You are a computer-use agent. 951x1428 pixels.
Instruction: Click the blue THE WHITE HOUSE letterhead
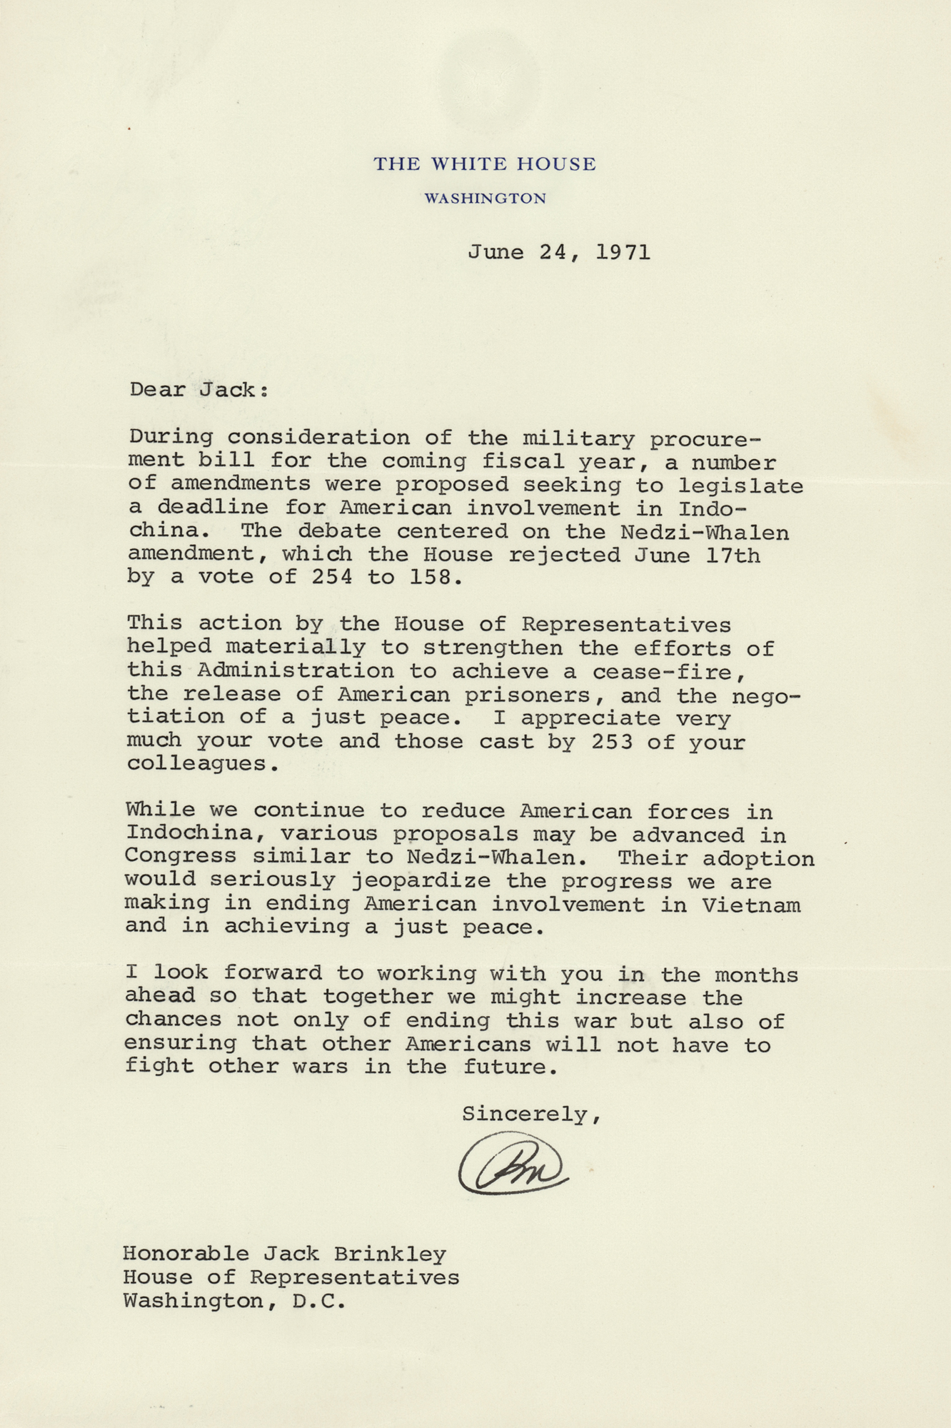[x=485, y=164]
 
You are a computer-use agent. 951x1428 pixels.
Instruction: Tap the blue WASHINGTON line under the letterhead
[x=485, y=198]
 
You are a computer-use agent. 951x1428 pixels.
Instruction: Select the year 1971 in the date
[x=623, y=252]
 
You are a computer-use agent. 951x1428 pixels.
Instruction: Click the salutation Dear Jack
[x=198, y=390]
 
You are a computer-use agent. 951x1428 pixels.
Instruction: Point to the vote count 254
[x=332, y=577]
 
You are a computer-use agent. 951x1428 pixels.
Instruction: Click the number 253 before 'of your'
[x=612, y=742]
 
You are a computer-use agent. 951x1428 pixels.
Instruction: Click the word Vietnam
[x=751, y=905]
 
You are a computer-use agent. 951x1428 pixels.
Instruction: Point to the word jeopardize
[x=421, y=882]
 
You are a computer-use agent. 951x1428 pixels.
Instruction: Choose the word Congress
[x=181, y=858]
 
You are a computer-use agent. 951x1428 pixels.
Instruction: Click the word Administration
[x=296, y=672]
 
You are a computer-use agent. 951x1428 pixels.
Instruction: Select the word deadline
[x=213, y=508]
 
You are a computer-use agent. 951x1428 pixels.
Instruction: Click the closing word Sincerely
[x=527, y=1114]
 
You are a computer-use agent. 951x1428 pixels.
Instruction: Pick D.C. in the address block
[x=318, y=1301]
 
